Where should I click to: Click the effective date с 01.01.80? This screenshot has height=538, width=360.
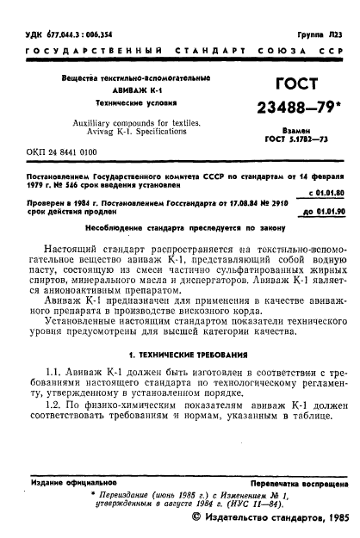(x=328, y=193)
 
